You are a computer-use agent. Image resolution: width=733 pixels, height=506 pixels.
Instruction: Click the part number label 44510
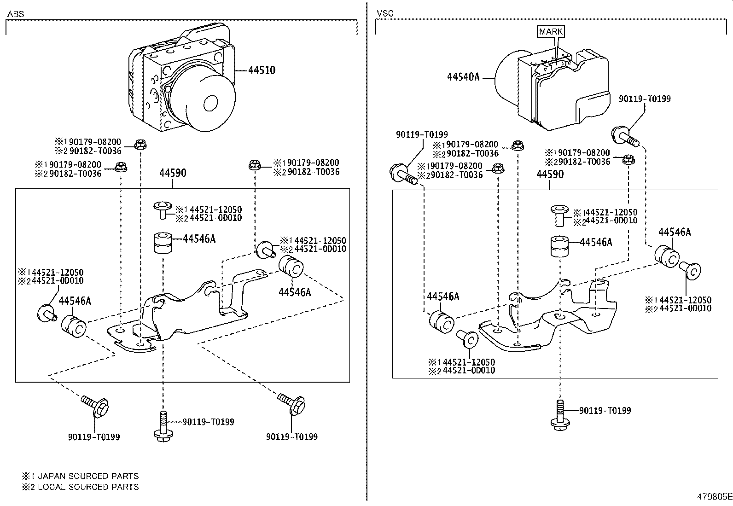click(262, 70)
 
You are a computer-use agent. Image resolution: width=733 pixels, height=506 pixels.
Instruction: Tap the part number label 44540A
click(463, 77)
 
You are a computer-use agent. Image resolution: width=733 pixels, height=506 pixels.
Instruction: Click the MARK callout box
click(551, 31)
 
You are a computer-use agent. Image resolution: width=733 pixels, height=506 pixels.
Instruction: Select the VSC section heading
click(385, 13)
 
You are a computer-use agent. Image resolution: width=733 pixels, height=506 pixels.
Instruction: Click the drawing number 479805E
click(713, 497)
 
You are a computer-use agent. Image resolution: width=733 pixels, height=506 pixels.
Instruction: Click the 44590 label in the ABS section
click(173, 173)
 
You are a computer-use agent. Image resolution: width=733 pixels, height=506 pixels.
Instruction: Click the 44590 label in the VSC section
click(550, 174)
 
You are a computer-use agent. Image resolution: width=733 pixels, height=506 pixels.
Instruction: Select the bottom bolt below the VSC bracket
click(560, 416)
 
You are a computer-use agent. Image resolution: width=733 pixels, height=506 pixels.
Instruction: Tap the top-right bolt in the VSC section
click(625, 136)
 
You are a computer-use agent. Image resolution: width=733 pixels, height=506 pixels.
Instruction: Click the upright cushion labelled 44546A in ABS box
click(163, 243)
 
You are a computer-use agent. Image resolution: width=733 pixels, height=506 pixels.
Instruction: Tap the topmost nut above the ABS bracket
click(140, 145)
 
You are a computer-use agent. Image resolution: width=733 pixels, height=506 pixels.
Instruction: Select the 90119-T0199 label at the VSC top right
click(645, 99)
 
